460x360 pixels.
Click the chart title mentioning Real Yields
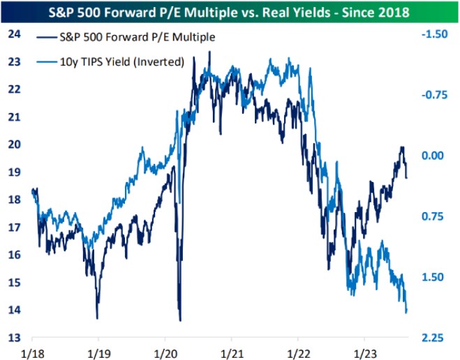point(230,13)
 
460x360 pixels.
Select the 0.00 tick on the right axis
point(435,156)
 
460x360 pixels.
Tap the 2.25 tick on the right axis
point(435,338)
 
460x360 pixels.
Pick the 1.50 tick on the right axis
point(435,277)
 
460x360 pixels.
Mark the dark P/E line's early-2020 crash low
point(180,320)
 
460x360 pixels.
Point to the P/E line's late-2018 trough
point(97,317)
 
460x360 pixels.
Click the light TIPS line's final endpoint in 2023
point(406,312)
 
